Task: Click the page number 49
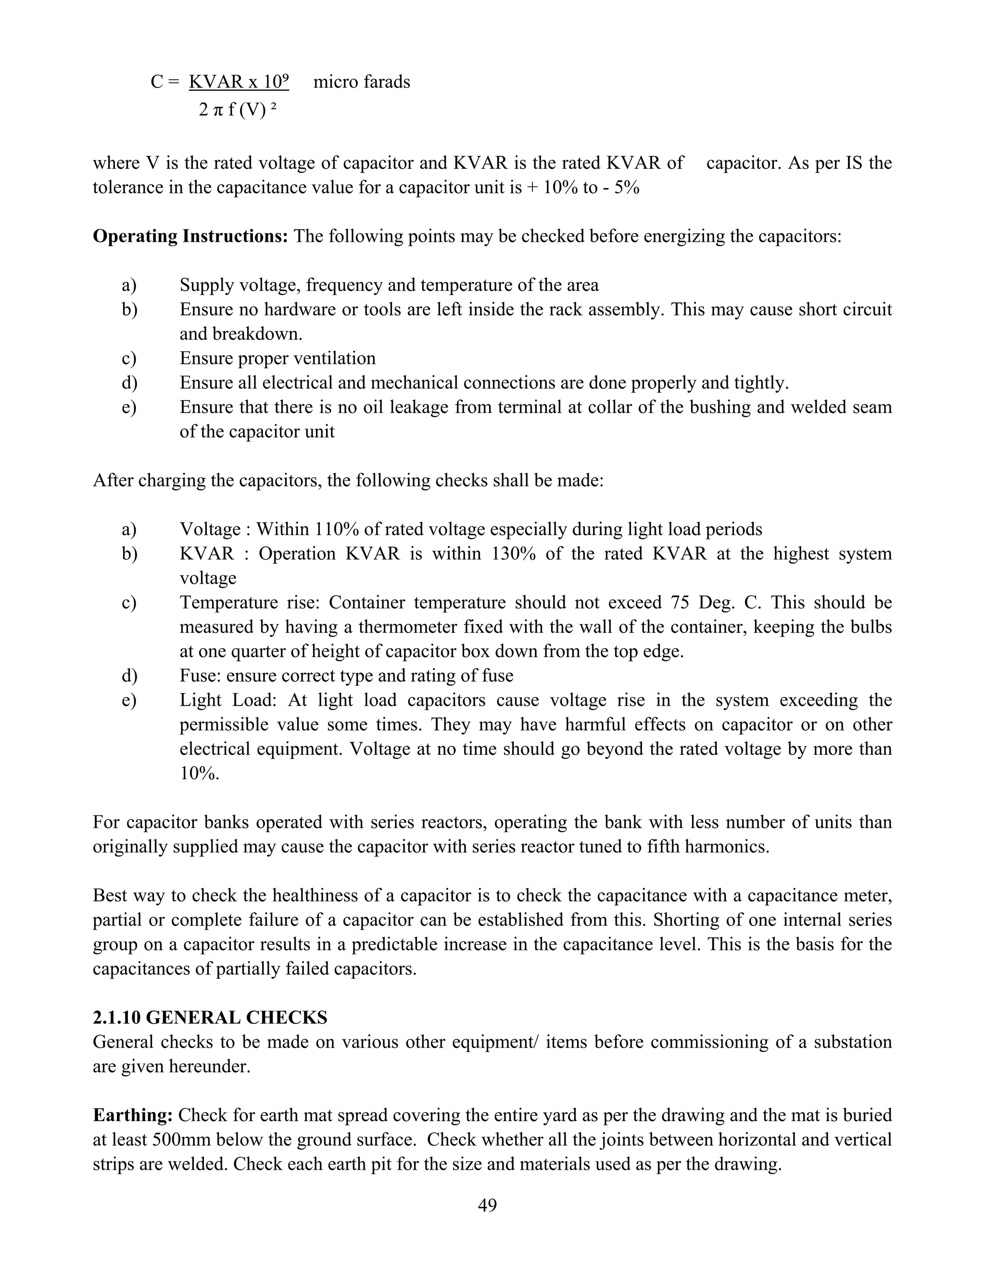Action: (487, 1205)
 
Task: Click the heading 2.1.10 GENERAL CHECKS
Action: (210, 1017)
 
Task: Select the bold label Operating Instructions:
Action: (190, 236)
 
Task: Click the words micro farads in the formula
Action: (361, 82)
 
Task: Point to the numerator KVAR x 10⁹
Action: (239, 82)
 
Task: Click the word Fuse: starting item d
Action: (200, 675)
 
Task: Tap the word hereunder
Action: (210, 1066)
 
